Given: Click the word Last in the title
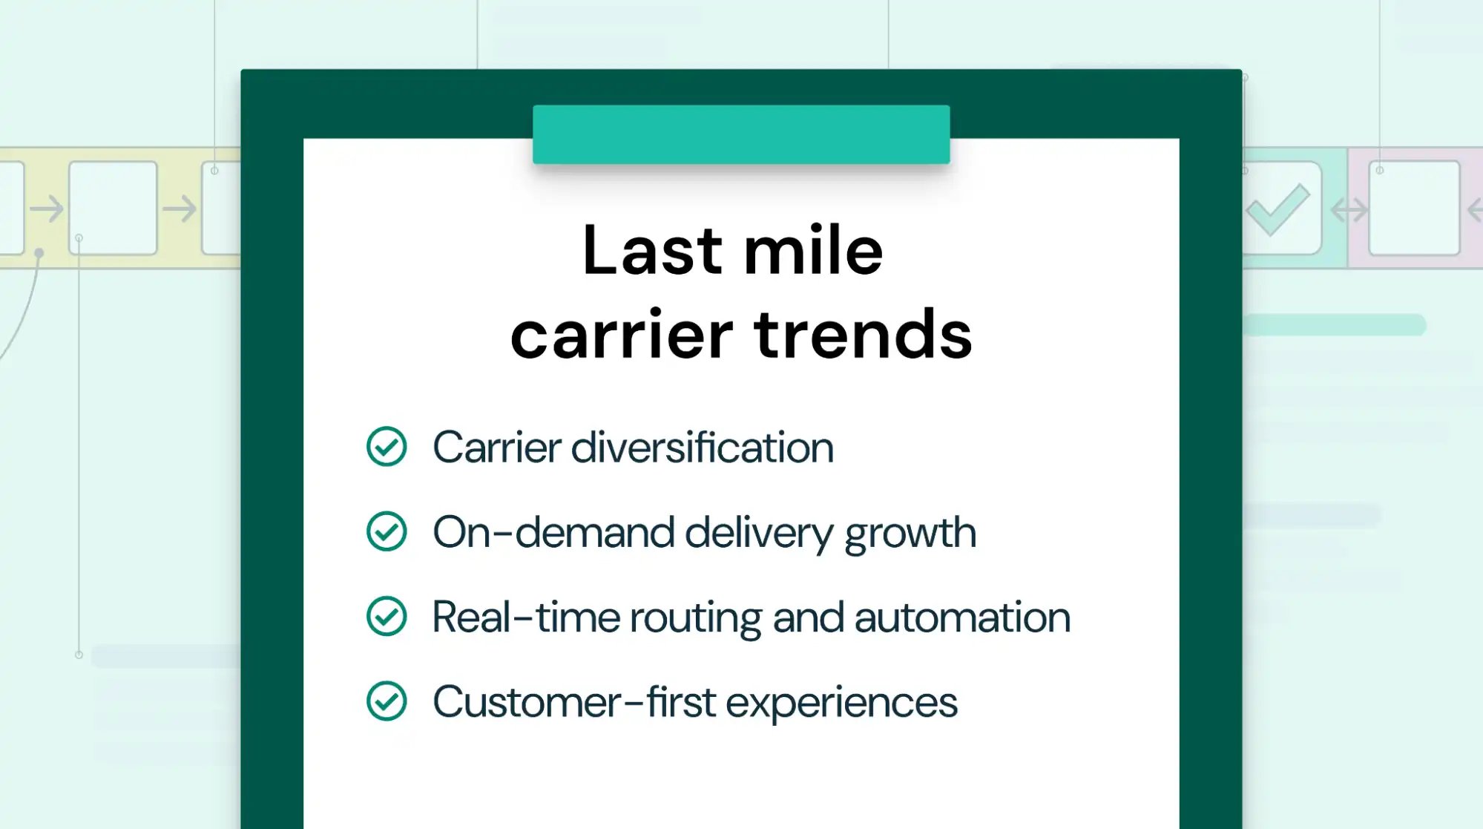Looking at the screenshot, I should tap(652, 251).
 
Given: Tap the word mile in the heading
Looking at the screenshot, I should tap(813, 251).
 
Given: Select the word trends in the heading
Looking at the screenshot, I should tap(863, 335).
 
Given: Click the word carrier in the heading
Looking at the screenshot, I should tap(622, 335).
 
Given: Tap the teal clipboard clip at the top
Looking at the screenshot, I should tap(740, 134).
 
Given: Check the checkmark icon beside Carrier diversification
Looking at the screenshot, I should tap(387, 447).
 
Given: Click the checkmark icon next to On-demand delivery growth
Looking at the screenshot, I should tap(387, 531).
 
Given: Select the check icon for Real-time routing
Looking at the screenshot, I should tap(387, 616).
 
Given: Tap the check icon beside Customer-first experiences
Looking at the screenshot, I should tap(387, 701).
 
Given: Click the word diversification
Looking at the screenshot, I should tap(702, 448).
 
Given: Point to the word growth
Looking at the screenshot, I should tap(910, 533).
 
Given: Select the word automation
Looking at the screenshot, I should tap(962, 617).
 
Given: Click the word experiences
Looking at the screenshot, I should tap(841, 703).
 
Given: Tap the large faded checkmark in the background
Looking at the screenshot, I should tap(1278, 209).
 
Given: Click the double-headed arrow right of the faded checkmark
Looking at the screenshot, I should tap(1349, 210).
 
